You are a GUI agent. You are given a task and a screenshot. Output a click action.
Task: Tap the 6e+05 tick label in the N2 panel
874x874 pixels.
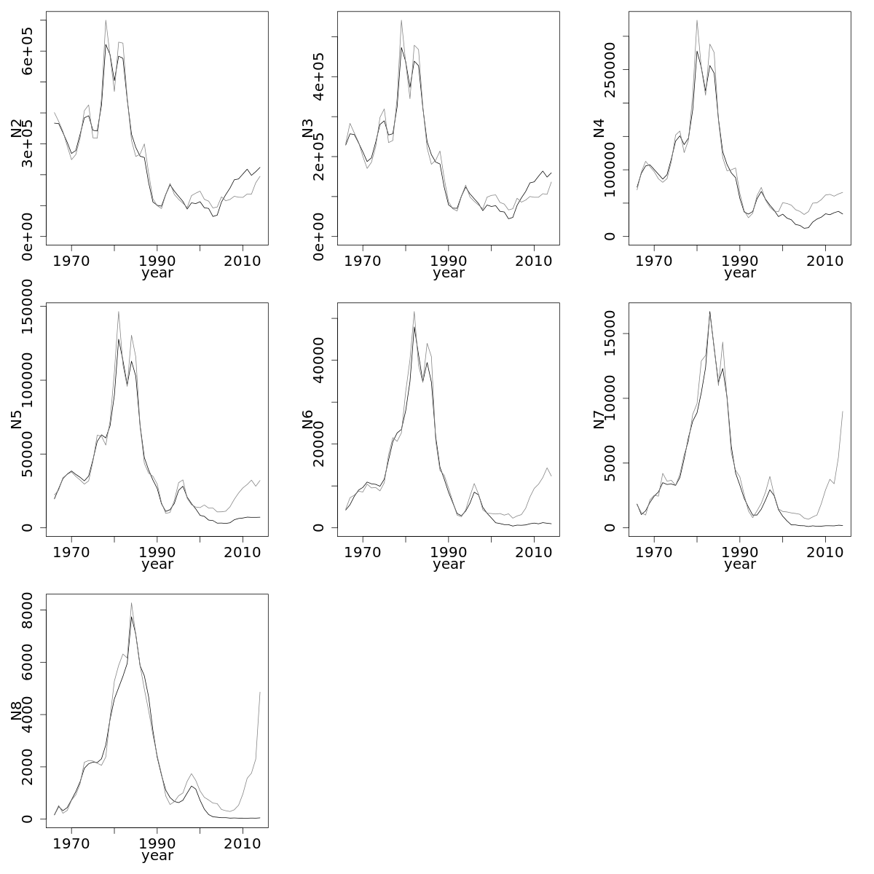28,51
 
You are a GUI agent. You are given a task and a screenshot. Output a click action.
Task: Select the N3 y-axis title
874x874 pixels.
308,128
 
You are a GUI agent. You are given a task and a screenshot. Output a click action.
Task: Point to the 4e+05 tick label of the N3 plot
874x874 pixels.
319,76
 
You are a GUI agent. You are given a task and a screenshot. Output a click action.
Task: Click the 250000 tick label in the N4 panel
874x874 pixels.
610,70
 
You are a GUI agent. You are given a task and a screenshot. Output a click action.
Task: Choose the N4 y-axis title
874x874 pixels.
599,128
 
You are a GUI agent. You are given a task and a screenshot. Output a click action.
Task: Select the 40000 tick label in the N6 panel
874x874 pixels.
319,360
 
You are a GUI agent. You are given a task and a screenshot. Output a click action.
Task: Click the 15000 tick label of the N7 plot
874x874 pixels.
610,334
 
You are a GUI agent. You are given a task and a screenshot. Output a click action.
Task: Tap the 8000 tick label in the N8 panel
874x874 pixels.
28,610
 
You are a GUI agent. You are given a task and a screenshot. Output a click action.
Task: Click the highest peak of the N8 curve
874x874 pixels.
131,603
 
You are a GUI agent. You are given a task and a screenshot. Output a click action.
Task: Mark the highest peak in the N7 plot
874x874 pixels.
709,312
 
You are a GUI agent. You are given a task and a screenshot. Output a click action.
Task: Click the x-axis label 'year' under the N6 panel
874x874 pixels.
449,564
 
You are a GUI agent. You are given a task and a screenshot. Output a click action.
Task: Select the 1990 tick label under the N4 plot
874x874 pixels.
740,259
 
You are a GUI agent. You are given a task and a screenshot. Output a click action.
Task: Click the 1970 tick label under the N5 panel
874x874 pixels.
71,551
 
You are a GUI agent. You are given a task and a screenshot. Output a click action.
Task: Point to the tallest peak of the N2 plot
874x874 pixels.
106,20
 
